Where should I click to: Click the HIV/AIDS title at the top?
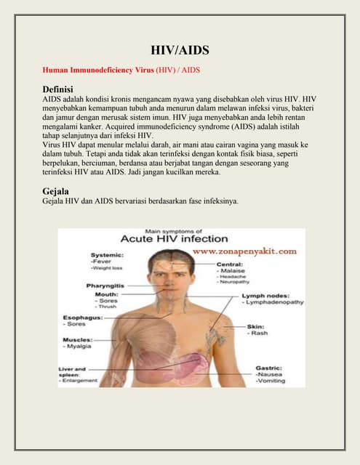point(180,50)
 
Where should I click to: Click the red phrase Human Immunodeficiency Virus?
point(95,70)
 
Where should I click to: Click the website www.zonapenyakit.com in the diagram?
point(244,251)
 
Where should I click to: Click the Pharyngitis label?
point(106,286)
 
